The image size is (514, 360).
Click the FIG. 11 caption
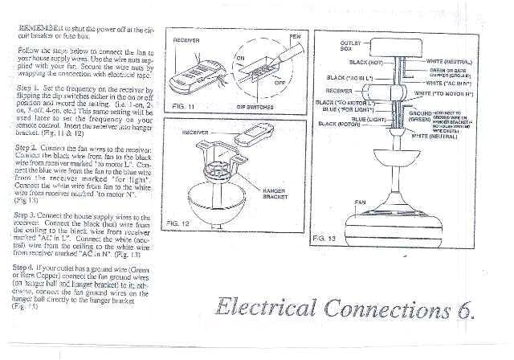[184, 104]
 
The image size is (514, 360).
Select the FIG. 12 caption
[177, 221]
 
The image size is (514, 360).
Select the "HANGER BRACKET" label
[275, 192]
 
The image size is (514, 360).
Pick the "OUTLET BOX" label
[350, 45]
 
